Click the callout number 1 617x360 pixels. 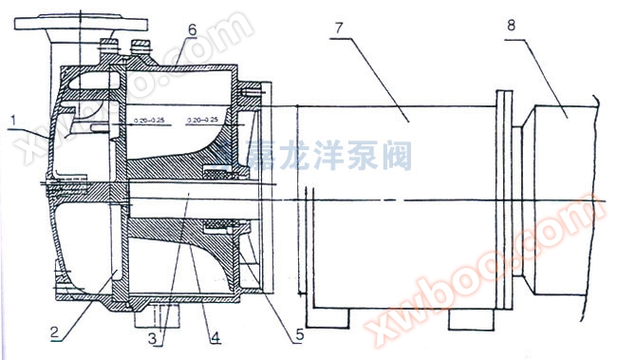[x=14, y=117]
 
